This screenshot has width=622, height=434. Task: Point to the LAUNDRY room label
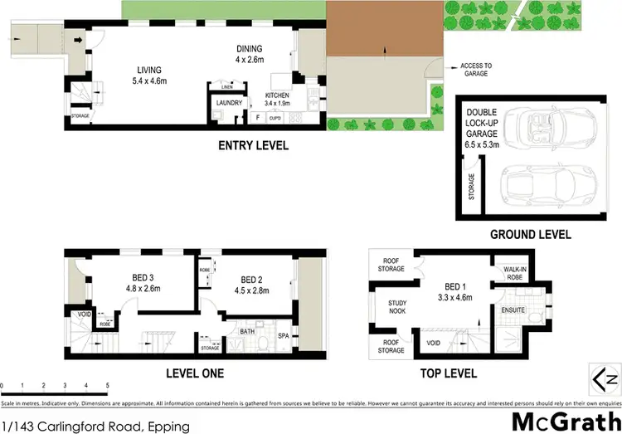point(229,103)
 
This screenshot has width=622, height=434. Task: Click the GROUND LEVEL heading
point(530,235)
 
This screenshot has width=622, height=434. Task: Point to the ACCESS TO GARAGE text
point(471,69)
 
